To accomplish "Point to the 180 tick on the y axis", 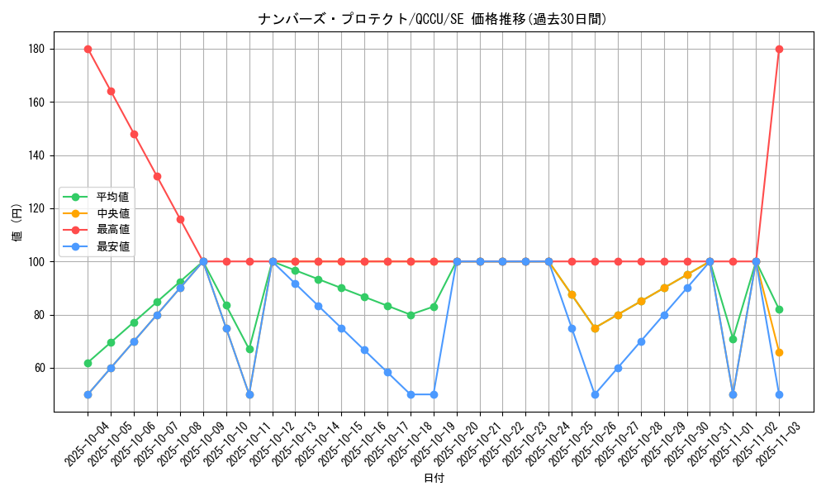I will (36, 49).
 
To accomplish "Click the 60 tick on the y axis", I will (39, 368).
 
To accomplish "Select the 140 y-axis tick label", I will (36, 155).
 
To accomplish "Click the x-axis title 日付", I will (434, 479).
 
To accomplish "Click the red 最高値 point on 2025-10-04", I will (88, 49).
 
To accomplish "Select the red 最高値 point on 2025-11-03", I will (779, 49).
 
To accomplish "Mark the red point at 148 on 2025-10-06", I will (134, 134).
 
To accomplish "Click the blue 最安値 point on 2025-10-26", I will (595, 394).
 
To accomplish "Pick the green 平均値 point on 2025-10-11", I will (249, 349).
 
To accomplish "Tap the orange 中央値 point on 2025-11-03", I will (779, 352).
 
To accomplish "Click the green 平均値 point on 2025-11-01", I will (733, 339).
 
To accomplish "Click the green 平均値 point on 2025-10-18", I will (411, 315).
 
